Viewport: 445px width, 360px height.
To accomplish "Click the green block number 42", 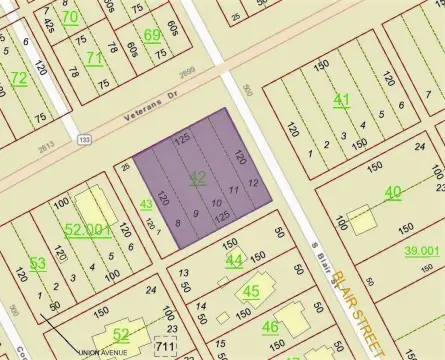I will click(x=197, y=177).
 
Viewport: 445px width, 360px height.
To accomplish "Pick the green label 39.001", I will click(x=422, y=251).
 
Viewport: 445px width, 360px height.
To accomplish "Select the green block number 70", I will click(x=69, y=16).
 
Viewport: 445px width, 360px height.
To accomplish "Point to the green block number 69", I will click(x=152, y=36).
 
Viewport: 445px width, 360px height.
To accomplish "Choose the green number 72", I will click(x=18, y=77).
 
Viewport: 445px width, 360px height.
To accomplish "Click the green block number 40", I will click(x=392, y=192).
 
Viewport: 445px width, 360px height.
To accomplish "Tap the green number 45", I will click(x=251, y=292).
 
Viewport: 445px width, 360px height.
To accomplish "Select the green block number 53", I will click(x=37, y=263).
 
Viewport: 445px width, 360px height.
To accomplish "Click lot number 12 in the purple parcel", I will click(x=253, y=183).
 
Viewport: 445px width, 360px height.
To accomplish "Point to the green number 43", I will click(x=146, y=204).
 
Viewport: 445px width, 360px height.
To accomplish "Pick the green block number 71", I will click(x=95, y=58).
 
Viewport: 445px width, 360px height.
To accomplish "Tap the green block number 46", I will click(x=270, y=326).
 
